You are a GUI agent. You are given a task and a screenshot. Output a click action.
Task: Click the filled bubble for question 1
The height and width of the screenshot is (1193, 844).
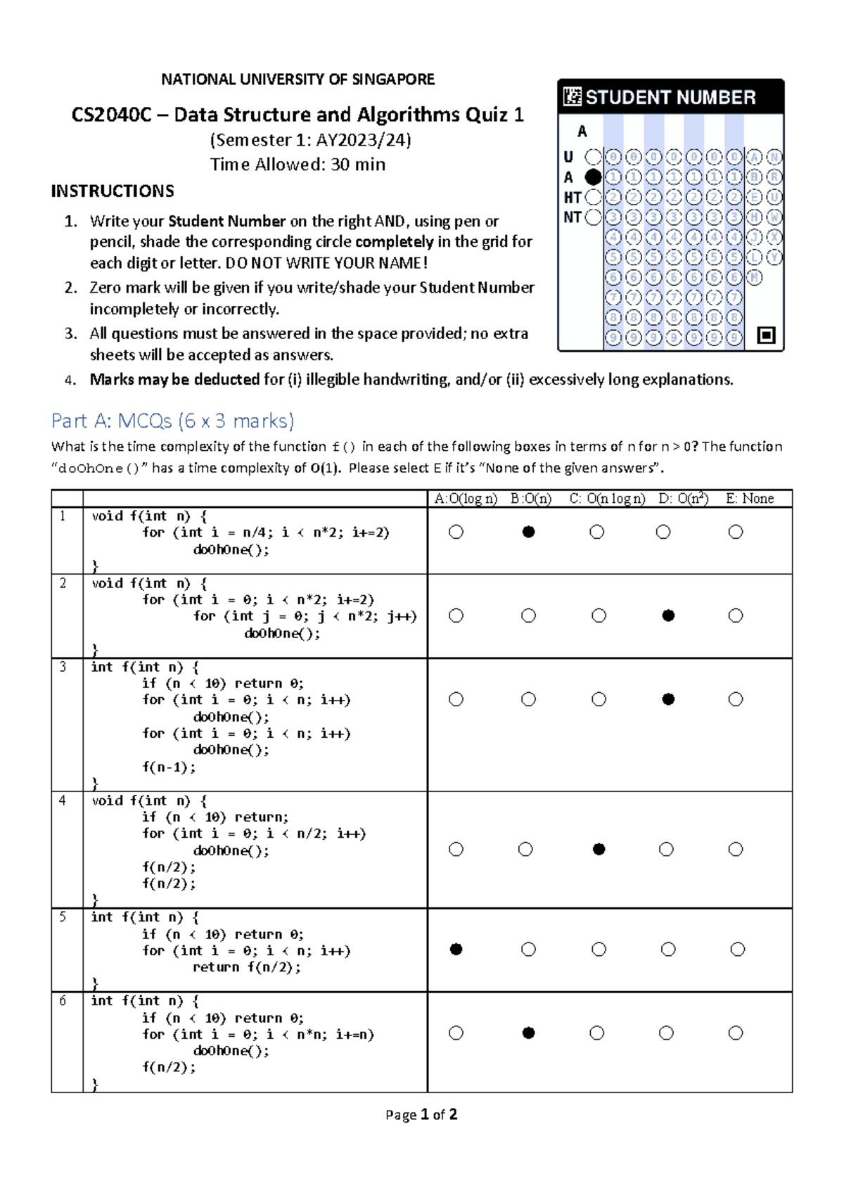click(528, 532)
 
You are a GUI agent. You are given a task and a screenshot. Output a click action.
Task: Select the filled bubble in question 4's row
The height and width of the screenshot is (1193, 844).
click(599, 849)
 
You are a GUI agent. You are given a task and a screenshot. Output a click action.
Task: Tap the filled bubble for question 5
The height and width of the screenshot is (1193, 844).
click(456, 949)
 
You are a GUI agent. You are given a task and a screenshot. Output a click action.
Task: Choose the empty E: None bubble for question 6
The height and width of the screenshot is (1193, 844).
click(735, 1033)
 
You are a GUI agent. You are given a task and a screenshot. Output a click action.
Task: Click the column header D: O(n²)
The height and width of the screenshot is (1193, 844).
click(682, 499)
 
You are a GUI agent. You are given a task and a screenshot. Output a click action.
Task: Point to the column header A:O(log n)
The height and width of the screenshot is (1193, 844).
click(465, 499)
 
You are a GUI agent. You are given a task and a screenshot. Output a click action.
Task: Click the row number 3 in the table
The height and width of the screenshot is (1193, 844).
click(63, 666)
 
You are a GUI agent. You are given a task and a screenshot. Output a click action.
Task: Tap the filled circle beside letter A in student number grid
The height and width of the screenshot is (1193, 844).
click(593, 177)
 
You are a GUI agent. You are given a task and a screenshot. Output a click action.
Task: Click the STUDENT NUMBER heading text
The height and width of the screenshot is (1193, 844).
click(670, 97)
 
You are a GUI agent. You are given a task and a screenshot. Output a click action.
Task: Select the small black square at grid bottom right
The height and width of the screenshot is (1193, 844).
click(766, 335)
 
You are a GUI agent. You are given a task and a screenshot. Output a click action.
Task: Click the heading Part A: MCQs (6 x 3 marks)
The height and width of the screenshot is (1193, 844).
click(172, 421)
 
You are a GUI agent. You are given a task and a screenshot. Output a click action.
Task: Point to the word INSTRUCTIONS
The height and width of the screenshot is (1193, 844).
click(113, 191)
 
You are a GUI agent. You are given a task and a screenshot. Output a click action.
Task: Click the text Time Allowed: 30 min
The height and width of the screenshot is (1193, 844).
click(298, 165)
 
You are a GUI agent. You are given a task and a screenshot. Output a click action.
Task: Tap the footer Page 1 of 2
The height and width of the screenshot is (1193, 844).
click(421, 1114)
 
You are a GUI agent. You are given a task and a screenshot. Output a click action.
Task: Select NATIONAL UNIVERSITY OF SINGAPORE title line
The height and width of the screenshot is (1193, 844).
click(298, 79)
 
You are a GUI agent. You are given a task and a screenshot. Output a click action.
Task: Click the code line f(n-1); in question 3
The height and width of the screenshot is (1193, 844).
click(169, 767)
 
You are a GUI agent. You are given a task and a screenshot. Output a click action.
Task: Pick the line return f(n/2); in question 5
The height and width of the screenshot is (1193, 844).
click(246, 967)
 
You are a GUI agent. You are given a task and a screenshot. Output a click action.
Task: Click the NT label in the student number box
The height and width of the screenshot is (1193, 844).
click(572, 217)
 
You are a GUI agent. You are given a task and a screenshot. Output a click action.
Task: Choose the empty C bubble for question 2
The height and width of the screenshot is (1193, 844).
click(599, 615)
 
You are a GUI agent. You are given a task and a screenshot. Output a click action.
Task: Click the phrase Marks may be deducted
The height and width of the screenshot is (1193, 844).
click(174, 380)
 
